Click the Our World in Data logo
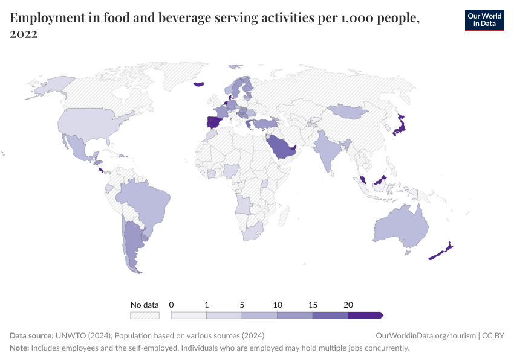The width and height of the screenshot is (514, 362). point(484,20)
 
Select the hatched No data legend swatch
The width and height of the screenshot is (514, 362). point(145,315)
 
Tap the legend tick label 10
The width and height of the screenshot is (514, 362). point(277,305)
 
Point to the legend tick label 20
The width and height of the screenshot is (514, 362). point(348,305)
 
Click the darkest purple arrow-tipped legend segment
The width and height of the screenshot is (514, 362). point(365,315)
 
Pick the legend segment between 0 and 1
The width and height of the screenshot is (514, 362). point(189,315)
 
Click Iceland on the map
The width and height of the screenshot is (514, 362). point(199,84)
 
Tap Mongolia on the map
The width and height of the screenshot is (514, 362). point(348,112)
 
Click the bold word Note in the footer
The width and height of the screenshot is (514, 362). point(19,348)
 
